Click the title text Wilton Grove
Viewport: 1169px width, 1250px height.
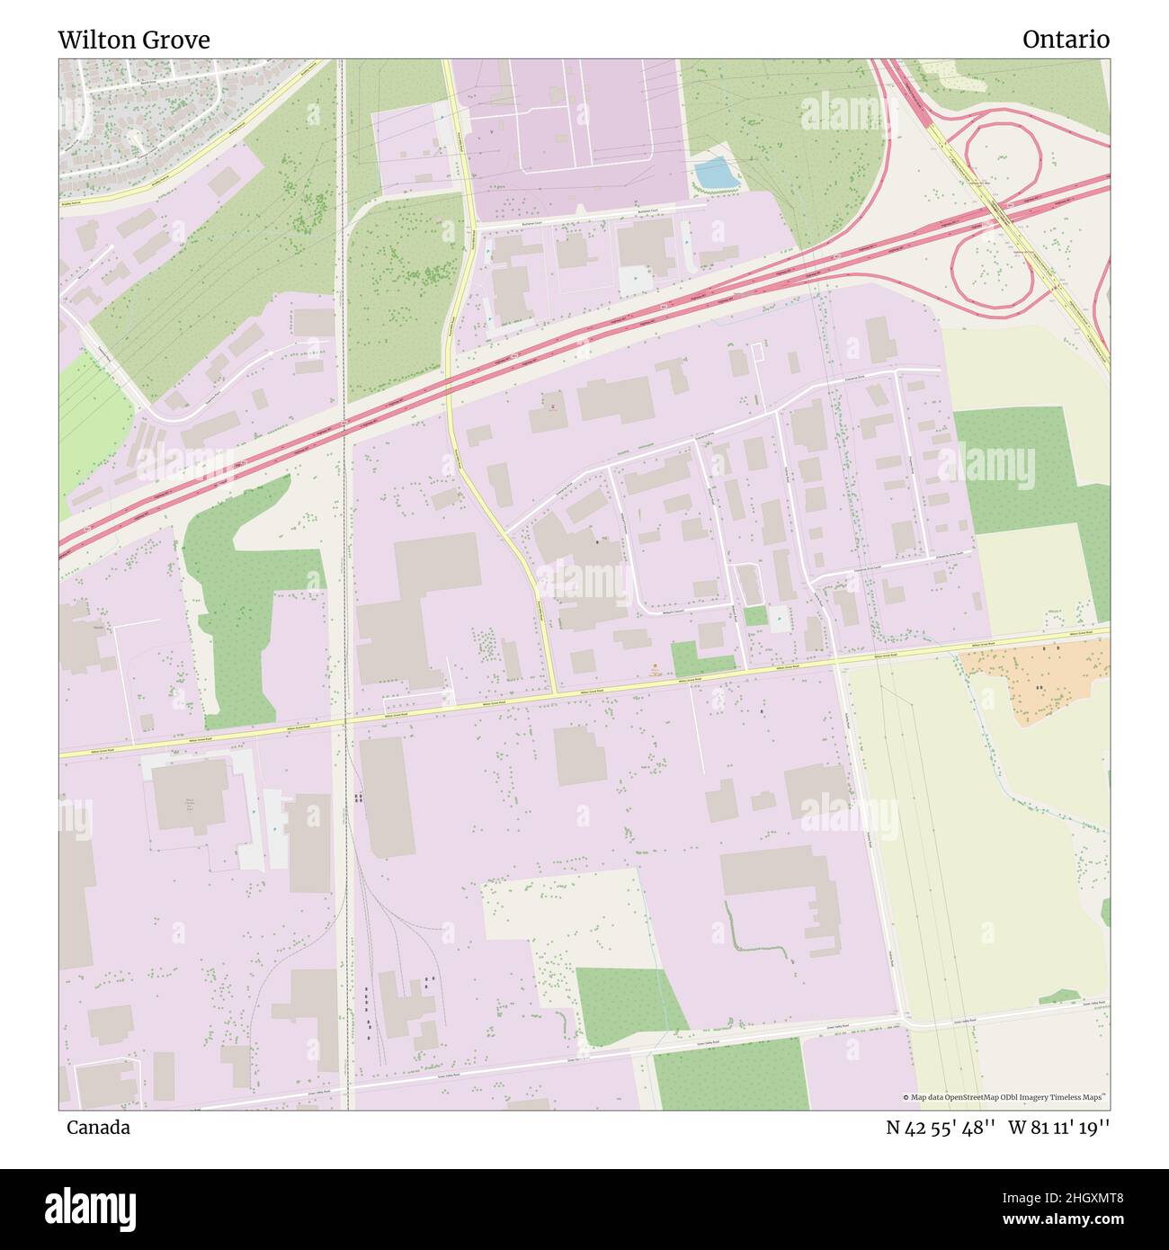point(134,40)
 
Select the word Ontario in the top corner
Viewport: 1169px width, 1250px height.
point(1065,40)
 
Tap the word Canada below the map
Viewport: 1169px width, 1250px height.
point(98,1128)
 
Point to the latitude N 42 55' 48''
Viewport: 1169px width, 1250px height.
point(940,1128)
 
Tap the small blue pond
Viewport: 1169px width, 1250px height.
point(715,174)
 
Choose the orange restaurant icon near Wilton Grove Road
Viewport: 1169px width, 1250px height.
point(656,667)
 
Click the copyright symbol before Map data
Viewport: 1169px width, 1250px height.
point(906,1097)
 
